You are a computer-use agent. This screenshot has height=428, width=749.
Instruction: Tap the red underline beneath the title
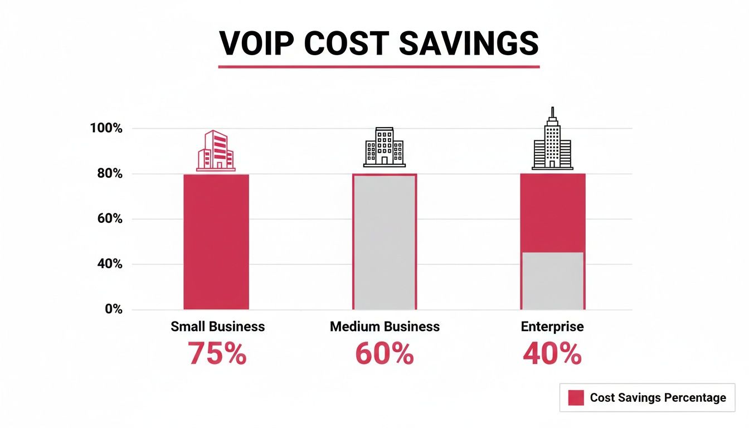pyautogui.click(x=378, y=67)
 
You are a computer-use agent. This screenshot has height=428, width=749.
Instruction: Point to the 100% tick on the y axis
pyautogui.click(x=106, y=128)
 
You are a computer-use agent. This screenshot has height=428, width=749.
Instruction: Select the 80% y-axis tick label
pyautogui.click(x=109, y=174)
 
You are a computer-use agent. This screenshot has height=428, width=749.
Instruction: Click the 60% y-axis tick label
pyautogui.click(x=109, y=219)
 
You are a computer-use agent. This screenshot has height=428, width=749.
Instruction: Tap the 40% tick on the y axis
pyautogui.click(x=109, y=264)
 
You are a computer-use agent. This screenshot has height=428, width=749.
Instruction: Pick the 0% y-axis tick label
pyautogui.click(x=113, y=309)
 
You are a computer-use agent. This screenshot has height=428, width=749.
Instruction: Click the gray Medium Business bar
pyautogui.click(x=385, y=242)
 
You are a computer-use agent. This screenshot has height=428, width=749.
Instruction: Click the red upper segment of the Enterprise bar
pyautogui.click(x=552, y=212)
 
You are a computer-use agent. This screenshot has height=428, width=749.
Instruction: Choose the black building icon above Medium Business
pyautogui.click(x=385, y=147)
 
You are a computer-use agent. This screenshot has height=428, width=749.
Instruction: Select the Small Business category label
pyautogui.click(x=217, y=327)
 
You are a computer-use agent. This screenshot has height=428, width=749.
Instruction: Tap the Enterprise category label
pyautogui.click(x=552, y=327)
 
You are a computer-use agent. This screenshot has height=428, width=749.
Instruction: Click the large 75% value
pyautogui.click(x=217, y=353)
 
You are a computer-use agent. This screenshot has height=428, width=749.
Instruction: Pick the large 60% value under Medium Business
pyautogui.click(x=385, y=353)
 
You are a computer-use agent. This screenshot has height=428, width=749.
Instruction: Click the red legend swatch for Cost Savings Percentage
pyautogui.click(x=576, y=397)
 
